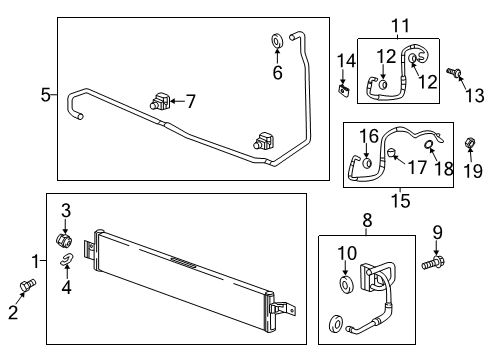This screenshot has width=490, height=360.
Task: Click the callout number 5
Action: coord(45,95)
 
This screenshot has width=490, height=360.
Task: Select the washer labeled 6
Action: coord(277,41)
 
